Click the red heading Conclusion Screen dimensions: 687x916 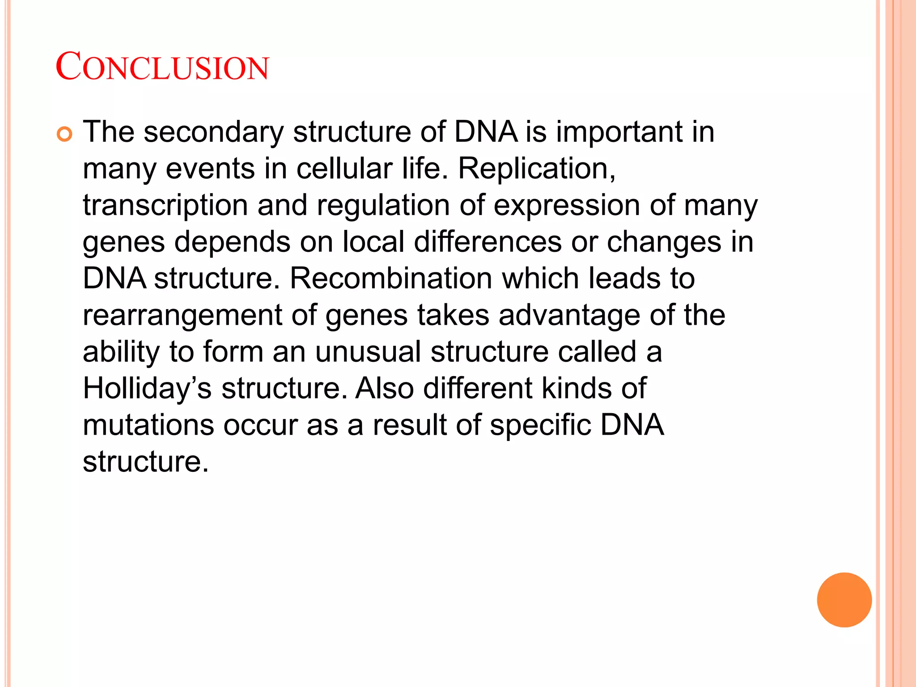(x=162, y=67)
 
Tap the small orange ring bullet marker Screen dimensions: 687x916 (x=65, y=134)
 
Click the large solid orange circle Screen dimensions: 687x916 (x=844, y=600)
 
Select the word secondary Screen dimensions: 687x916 (x=214, y=132)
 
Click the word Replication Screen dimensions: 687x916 (x=537, y=169)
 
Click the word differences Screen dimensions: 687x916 (x=488, y=242)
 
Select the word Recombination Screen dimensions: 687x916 (x=391, y=279)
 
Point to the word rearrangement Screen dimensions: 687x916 (x=182, y=315)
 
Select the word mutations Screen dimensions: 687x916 (x=148, y=425)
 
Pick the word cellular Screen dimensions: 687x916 (x=344, y=169)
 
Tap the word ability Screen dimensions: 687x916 (x=121, y=352)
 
